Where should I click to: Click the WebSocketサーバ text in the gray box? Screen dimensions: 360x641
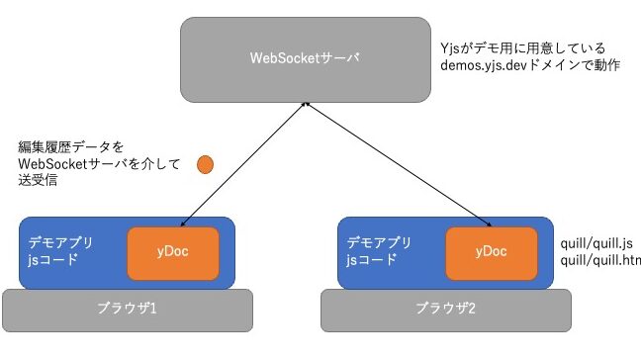point(304,57)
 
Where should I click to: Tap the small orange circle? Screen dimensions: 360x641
point(206,162)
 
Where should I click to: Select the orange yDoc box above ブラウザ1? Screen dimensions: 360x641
point(172,251)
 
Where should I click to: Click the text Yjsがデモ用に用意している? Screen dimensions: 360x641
point(522,47)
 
